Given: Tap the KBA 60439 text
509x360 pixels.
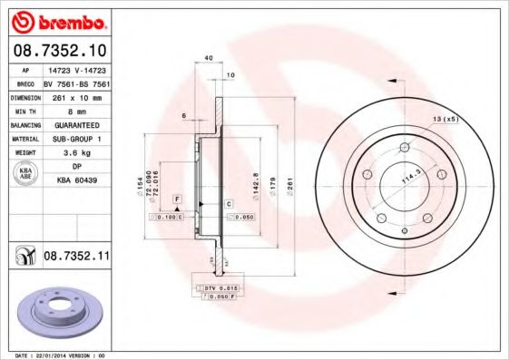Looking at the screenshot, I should point(77,181).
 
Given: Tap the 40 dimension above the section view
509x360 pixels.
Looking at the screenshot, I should point(209,57).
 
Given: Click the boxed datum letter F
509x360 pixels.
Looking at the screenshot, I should point(178,198).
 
